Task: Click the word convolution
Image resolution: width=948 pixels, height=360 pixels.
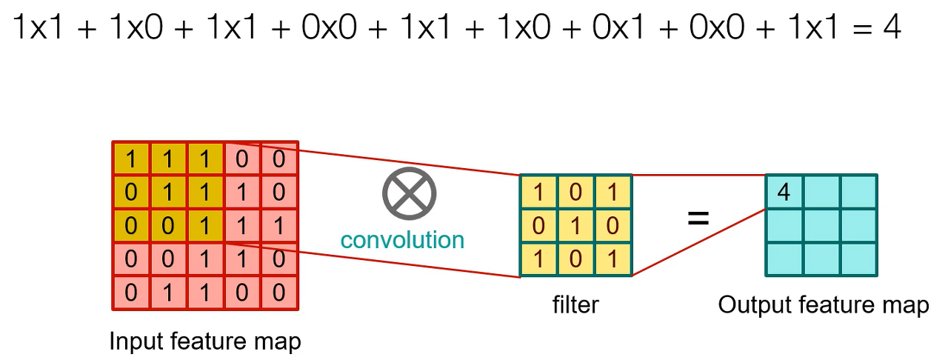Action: [x=402, y=239]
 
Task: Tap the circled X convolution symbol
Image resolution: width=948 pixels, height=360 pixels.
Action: [x=410, y=193]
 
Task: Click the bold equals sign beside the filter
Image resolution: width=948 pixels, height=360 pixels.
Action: [x=698, y=219]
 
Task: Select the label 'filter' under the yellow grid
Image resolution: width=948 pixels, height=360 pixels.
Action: [x=575, y=304]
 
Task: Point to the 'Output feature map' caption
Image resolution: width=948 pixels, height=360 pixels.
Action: [x=823, y=305]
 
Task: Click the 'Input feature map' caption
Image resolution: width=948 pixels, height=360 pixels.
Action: [x=205, y=341]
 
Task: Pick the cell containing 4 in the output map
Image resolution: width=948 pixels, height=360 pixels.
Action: [x=784, y=193]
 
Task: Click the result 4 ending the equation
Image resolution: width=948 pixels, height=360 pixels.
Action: [x=891, y=27]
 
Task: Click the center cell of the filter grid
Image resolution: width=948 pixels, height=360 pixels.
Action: [x=575, y=226]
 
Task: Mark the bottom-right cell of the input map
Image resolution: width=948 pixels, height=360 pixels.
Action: [x=278, y=292]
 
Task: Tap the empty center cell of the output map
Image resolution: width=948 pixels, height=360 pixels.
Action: [x=821, y=226]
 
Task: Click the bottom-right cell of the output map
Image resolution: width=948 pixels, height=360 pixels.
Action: [x=858, y=259]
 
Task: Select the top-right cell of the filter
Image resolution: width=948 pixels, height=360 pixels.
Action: [x=612, y=193]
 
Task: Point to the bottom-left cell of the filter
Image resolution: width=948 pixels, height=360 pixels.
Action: [x=538, y=259]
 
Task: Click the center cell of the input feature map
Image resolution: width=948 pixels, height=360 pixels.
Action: [x=205, y=226]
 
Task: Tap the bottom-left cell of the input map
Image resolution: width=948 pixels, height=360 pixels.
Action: [x=131, y=292]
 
